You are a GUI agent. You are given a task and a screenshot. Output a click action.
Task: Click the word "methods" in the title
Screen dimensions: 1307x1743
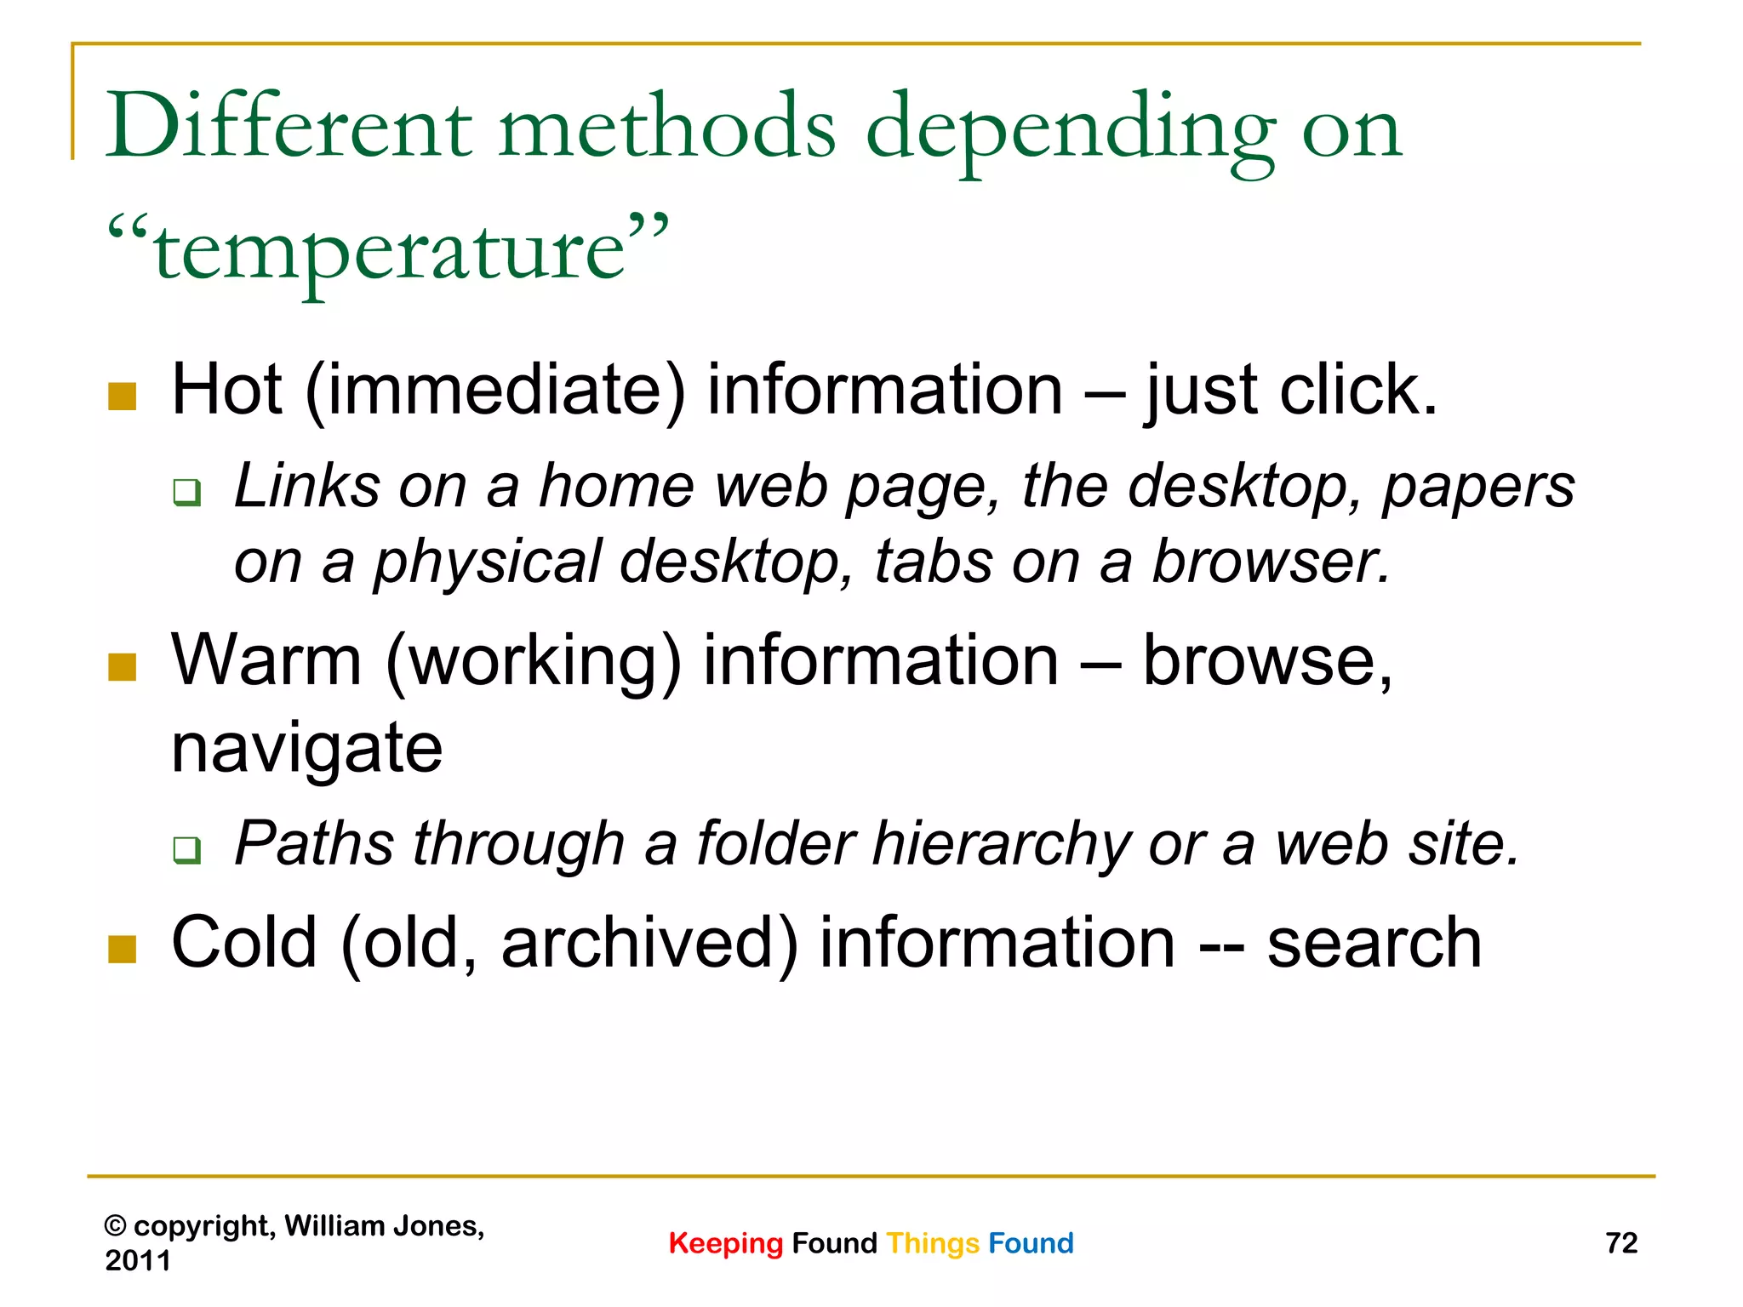click(667, 128)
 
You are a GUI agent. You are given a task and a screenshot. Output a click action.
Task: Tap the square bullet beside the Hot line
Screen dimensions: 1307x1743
click(123, 397)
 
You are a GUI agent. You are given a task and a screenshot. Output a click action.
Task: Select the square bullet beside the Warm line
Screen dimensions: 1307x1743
click(123, 667)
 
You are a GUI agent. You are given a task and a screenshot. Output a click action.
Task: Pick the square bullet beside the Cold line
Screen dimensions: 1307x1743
click(123, 950)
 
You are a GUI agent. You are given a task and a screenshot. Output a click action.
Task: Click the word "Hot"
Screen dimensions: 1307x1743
click(226, 390)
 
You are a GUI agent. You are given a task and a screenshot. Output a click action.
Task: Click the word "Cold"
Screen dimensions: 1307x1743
click(244, 943)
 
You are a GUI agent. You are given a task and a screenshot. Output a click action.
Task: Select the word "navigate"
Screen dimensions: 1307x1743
click(306, 749)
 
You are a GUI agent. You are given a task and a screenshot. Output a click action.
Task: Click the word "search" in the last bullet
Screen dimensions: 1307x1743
click(1374, 943)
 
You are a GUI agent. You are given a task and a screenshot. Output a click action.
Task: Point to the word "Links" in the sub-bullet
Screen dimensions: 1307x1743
click(306, 487)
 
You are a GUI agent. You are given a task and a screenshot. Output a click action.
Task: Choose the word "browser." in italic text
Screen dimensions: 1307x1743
click(1271, 562)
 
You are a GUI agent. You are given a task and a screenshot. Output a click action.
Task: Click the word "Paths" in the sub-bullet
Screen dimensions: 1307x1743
click(313, 844)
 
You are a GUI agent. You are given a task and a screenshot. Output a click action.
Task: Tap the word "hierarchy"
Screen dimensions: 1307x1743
click(1001, 844)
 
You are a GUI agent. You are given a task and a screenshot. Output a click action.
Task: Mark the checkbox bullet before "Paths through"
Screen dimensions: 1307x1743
click(186, 849)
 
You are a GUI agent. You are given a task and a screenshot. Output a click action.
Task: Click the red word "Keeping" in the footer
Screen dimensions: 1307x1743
click(725, 1243)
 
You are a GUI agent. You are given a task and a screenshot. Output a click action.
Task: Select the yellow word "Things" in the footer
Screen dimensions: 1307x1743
click(933, 1243)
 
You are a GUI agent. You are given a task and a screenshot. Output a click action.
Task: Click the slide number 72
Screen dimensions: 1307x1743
click(1621, 1243)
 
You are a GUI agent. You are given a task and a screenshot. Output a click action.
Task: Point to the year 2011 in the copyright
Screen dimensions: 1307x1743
click(138, 1260)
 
